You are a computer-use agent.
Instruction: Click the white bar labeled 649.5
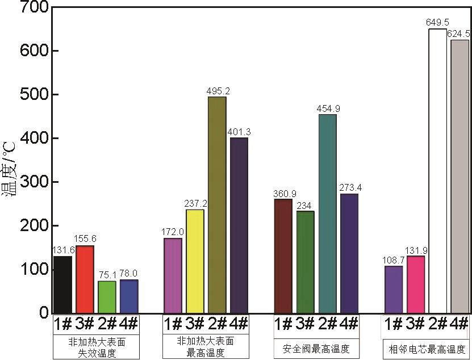[x=437, y=170]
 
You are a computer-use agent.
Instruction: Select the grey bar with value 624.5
[x=460, y=176]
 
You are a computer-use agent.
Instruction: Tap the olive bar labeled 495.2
[x=217, y=204]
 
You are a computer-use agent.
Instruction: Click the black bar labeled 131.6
[x=62, y=284]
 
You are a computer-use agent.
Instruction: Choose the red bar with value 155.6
[x=85, y=279]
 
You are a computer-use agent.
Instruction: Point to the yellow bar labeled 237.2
[x=195, y=261]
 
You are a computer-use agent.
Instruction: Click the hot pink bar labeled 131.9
[x=416, y=284]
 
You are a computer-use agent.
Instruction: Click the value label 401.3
[x=239, y=132]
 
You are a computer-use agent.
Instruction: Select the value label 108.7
[x=394, y=260]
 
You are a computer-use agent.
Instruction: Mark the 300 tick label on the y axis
[x=33, y=182]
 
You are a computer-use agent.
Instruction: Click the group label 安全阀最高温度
[x=316, y=348]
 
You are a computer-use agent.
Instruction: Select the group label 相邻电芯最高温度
[x=427, y=348]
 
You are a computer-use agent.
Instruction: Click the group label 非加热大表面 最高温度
[x=206, y=347]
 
